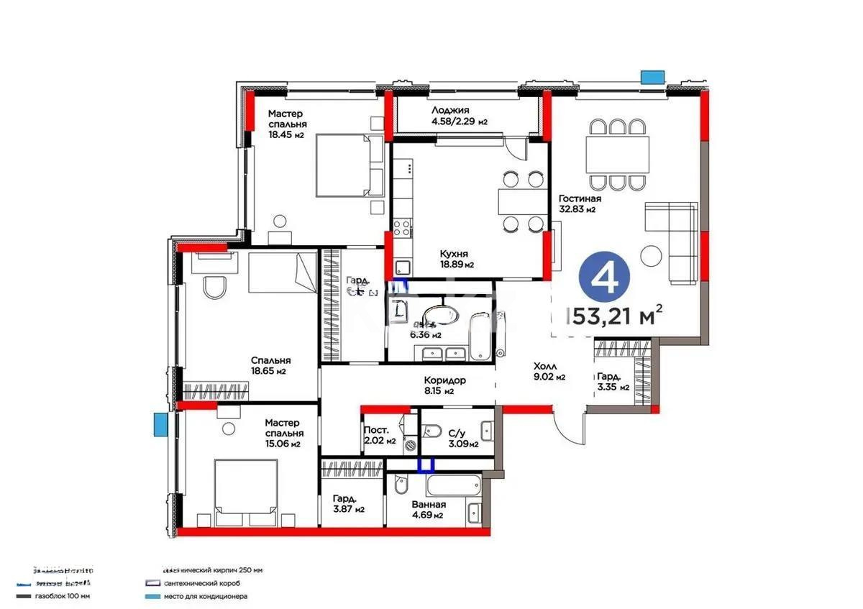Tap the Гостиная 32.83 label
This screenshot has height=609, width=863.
click(580, 204)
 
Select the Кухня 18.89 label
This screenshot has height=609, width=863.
click(456, 259)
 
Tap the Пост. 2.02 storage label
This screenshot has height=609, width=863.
click(381, 435)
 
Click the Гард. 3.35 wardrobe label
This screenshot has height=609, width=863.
click(613, 381)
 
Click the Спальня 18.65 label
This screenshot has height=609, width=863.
click(270, 366)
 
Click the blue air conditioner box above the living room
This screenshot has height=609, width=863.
click(652, 77)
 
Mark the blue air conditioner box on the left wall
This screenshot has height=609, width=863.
click(159, 424)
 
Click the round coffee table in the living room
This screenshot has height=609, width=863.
click(652, 256)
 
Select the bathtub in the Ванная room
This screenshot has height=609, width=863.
click(452, 485)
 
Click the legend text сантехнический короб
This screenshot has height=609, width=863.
click(202, 583)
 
